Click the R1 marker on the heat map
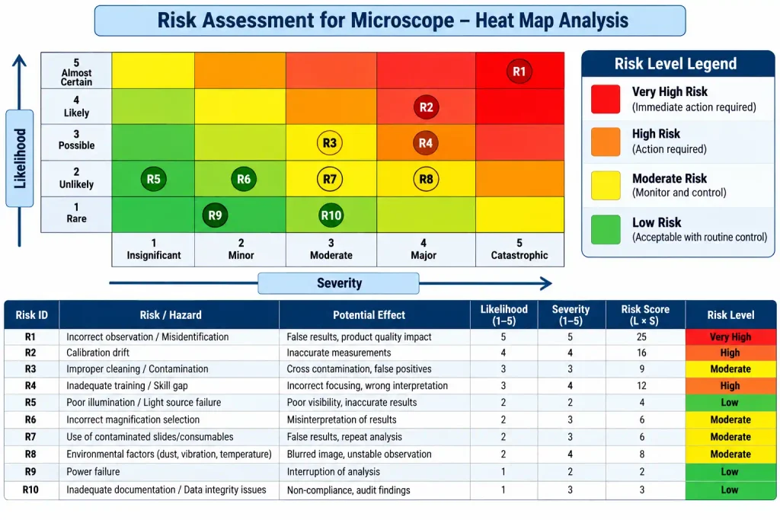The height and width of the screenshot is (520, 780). pos(519,71)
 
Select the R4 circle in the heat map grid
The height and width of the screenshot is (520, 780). pos(426,143)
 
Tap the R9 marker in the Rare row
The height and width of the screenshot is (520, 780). pos(215,215)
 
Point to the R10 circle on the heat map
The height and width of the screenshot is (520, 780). pos(331,215)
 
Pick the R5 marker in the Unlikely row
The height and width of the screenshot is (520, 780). pos(154,179)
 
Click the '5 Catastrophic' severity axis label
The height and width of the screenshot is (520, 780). pos(519,249)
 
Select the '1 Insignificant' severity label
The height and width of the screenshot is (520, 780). pos(154,249)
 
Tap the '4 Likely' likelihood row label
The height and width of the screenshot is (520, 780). pos(76,107)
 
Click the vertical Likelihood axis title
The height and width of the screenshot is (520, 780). pos(20,158)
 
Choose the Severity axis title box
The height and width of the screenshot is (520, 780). pos(339,283)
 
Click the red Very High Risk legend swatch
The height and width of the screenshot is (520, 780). pos(606,100)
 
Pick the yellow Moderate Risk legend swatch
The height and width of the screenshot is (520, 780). pos(606,186)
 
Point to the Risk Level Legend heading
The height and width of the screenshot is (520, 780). pos(676,64)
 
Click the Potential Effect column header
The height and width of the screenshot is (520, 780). pos(369,314)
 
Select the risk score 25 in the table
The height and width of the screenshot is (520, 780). pos(641,337)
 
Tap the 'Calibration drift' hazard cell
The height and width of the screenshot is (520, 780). pos(98,353)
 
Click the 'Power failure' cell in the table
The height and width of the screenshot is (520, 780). pos(93,471)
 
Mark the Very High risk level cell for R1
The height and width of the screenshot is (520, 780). pos(730,337)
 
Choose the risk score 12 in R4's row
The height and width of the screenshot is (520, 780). pos(641,386)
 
